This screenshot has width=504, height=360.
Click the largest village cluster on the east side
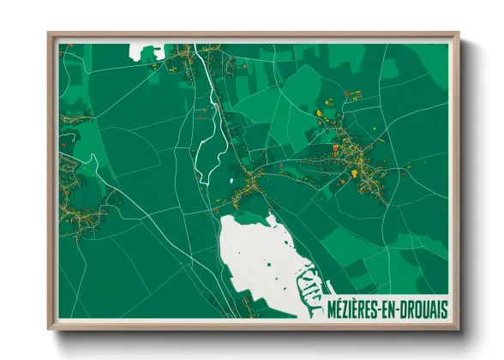click(x=360, y=163)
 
